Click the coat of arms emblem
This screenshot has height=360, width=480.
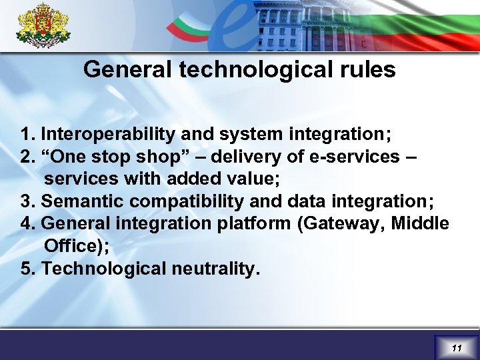[43, 26]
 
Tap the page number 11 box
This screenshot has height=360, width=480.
[456, 347]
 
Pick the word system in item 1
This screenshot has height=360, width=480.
[253, 134]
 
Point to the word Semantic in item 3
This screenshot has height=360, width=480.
[83, 201]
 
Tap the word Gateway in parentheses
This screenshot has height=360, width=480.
[343, 224]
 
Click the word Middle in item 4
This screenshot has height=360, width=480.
[420, 224]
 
